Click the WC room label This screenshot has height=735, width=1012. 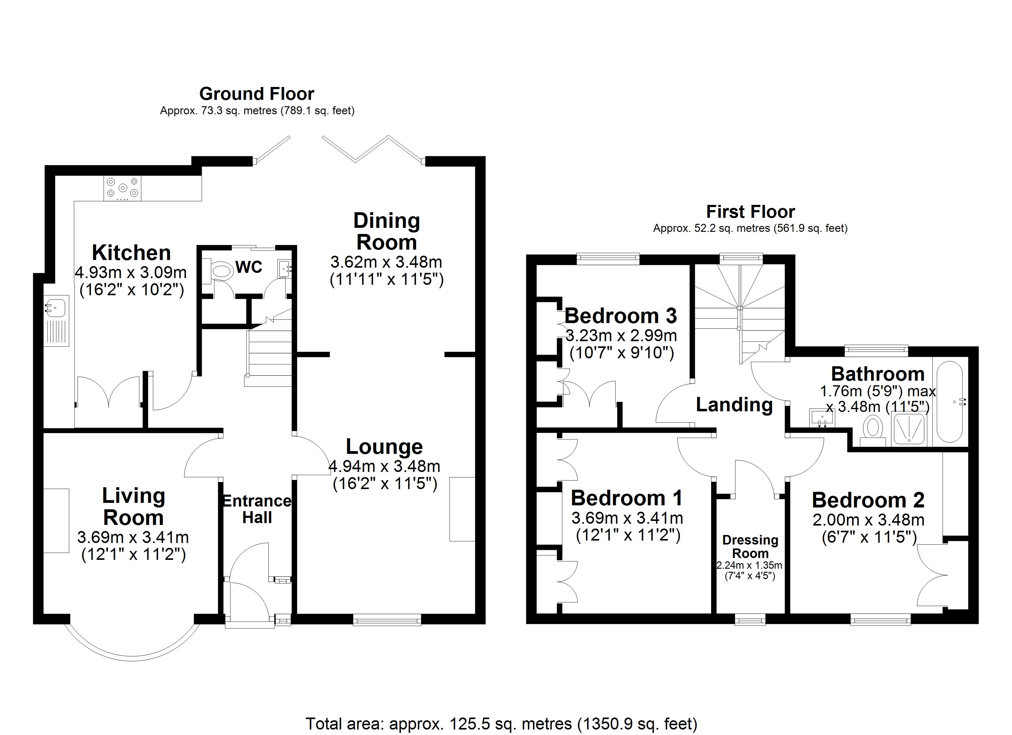(x=248, y=267)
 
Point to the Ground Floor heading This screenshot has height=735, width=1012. (x=257, y=94)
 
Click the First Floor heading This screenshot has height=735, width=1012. (x=750, y=212)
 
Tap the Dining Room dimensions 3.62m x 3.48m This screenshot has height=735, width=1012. (x=386, y=262)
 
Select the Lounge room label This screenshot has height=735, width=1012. (x=384, y=447)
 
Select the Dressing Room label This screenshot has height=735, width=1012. (x=750, y=546)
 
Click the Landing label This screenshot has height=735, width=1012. (x=734, y=405)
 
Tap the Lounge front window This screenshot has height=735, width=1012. (x=387, y=620)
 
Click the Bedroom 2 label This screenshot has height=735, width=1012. (x=868, y=500)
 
